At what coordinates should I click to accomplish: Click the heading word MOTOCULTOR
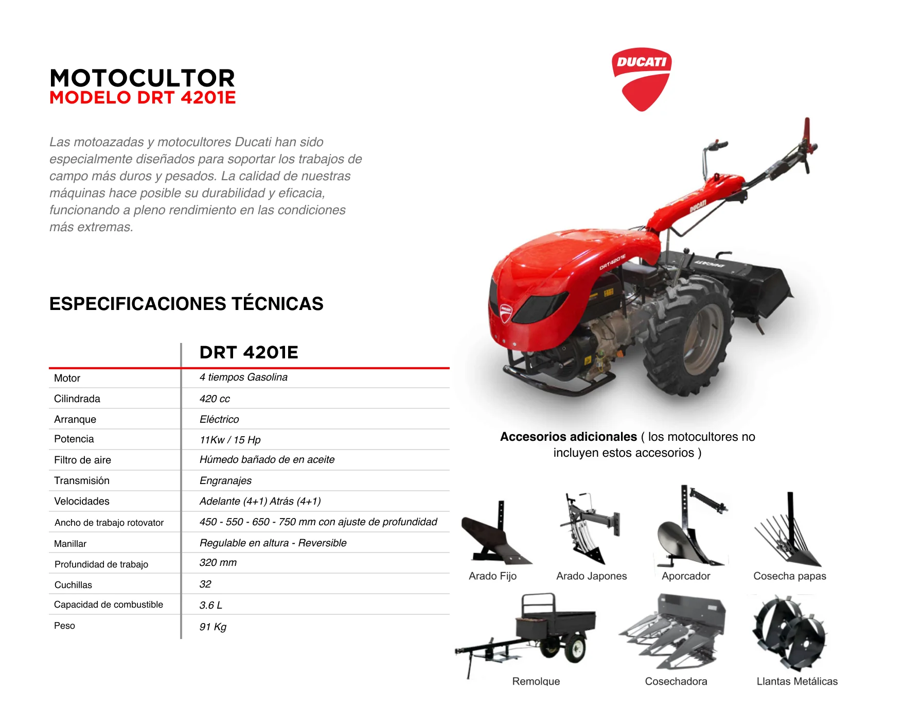pos(143,78)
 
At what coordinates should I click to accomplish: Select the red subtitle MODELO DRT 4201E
pos(143,97)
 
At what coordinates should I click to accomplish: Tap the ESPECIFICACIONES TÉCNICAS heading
pos(186,303)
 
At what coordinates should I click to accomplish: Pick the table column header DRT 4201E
pos(249,352)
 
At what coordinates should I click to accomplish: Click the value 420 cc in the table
pos(215,399)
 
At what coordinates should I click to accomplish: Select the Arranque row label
pos(75,419)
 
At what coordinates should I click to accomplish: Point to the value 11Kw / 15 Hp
pos(230,440)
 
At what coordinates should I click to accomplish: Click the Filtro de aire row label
pos(82,460)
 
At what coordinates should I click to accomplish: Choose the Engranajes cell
pos(225,480)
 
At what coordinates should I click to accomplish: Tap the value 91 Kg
pos(213,627)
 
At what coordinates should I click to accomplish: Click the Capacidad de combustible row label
pos(109,605)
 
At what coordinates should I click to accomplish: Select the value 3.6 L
pos(211,605)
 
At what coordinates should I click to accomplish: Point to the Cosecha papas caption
pos(790,576)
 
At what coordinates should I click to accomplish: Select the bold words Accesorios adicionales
pos(569,437)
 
